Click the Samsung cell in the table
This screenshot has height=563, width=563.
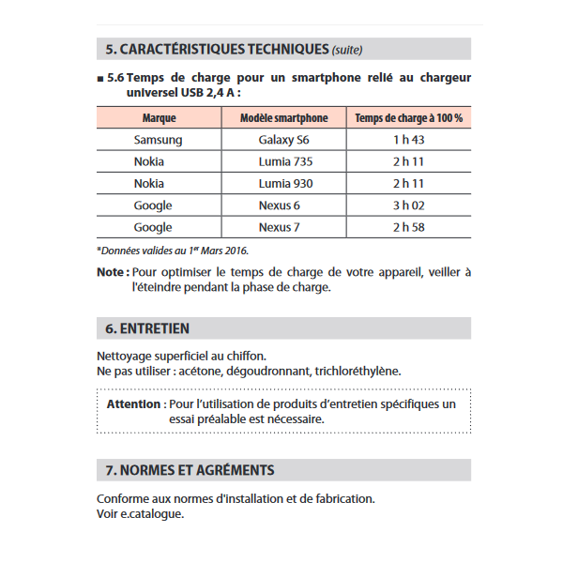point(158,140)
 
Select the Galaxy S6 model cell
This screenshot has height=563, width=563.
point(283,140)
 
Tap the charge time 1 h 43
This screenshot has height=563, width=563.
point(408,140)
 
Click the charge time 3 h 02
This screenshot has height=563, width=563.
point(408,205)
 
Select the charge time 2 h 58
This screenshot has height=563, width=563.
point(408,227)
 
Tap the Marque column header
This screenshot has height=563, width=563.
point(159,118)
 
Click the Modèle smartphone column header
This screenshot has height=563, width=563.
point(283,118)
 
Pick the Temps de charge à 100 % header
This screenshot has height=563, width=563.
point(408,118)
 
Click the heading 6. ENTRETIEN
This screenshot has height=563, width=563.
point(147,328)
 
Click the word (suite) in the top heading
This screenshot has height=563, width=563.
point(347,50)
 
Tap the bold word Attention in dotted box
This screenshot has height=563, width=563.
point(133,404)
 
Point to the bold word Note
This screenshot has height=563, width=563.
point(112,272)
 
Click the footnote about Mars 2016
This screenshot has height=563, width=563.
point(173,250)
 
